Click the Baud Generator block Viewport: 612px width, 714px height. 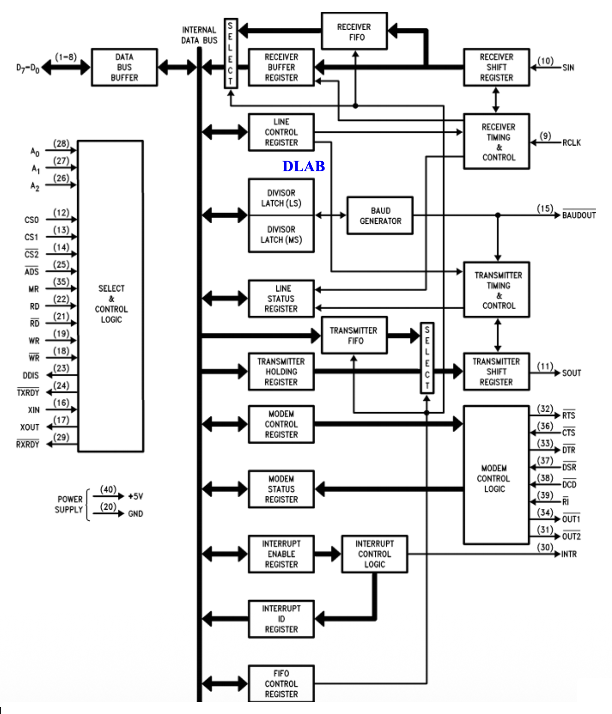coord(380,215)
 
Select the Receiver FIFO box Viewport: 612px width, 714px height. coord(354,32)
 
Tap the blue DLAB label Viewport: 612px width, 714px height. coord(303,166)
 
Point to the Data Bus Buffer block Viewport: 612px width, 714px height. coord(124,67)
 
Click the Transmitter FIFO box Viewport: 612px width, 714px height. coord(354,335)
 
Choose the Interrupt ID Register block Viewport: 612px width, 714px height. coord(281,619)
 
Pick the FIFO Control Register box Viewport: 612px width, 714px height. coord(281,684)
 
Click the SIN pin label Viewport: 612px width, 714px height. coord(568,68)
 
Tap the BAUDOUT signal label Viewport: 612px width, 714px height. coord(579,215)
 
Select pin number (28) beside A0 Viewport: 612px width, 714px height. coord(61,143)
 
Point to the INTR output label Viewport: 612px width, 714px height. coord(569,554)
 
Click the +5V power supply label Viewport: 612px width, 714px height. coord(136,496)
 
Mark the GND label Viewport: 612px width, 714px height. coord(136,514)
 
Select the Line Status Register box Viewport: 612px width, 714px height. coord(281,299)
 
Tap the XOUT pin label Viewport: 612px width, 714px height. coord(30,427)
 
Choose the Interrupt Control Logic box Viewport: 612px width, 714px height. coord(374,554)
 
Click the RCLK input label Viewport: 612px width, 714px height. coord(571,143)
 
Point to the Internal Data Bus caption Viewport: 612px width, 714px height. coord(199,35)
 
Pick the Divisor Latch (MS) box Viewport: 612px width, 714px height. coord(281,234)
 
